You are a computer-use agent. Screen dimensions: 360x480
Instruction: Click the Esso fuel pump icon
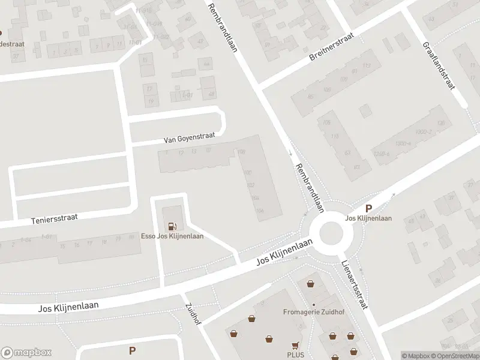pos(173,226)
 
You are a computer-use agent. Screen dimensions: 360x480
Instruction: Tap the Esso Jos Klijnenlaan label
pos(172,236)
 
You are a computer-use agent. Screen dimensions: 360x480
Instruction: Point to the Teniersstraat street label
pos(55,218)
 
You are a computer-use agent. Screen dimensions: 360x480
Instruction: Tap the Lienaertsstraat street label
pos(353,284)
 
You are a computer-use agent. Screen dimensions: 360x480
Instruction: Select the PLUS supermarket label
pos(295,355)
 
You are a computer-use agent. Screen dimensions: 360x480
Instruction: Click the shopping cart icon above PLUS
pos(295,345)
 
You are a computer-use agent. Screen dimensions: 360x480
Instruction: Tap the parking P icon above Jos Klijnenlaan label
pos(369,209)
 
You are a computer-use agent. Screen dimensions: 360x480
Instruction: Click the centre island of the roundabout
pos(331,233)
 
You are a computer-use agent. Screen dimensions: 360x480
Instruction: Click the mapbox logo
pos(26,353)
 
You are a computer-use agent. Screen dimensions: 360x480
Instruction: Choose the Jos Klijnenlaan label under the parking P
pos(369,218)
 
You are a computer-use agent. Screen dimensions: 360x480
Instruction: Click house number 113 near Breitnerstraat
pos(366,65)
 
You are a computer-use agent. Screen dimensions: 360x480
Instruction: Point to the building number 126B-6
pos(380,154)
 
